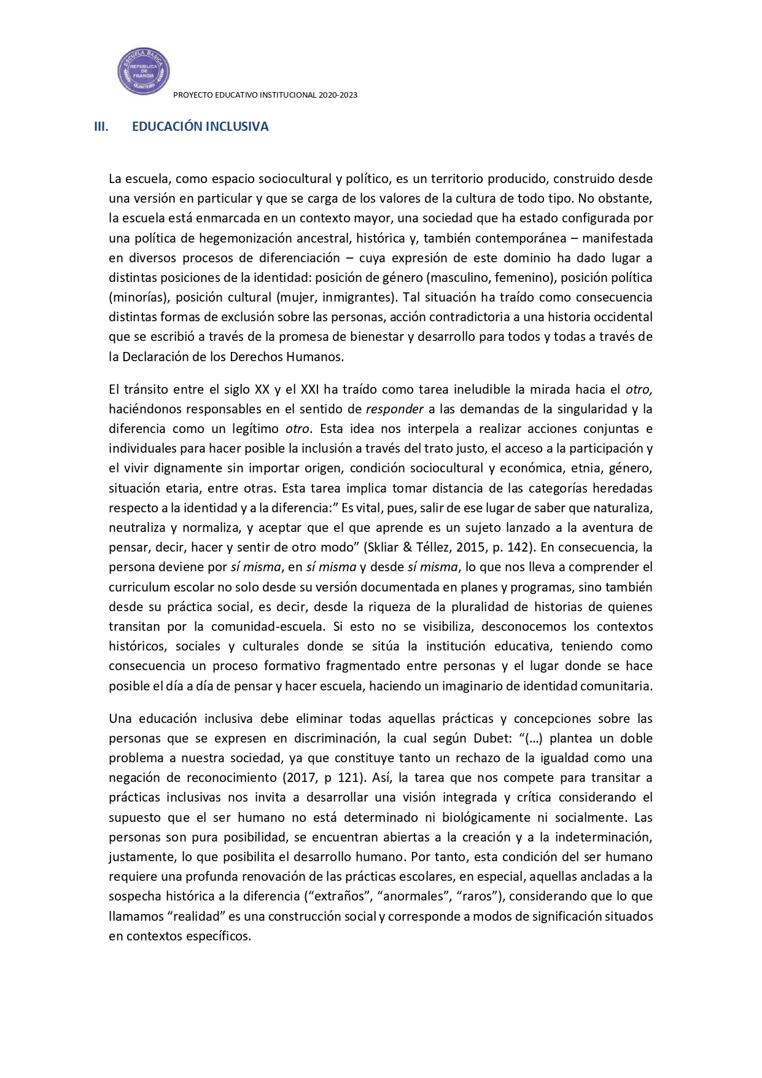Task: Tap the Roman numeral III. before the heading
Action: click(101, 127)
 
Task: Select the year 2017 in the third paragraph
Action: click(300, 778)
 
